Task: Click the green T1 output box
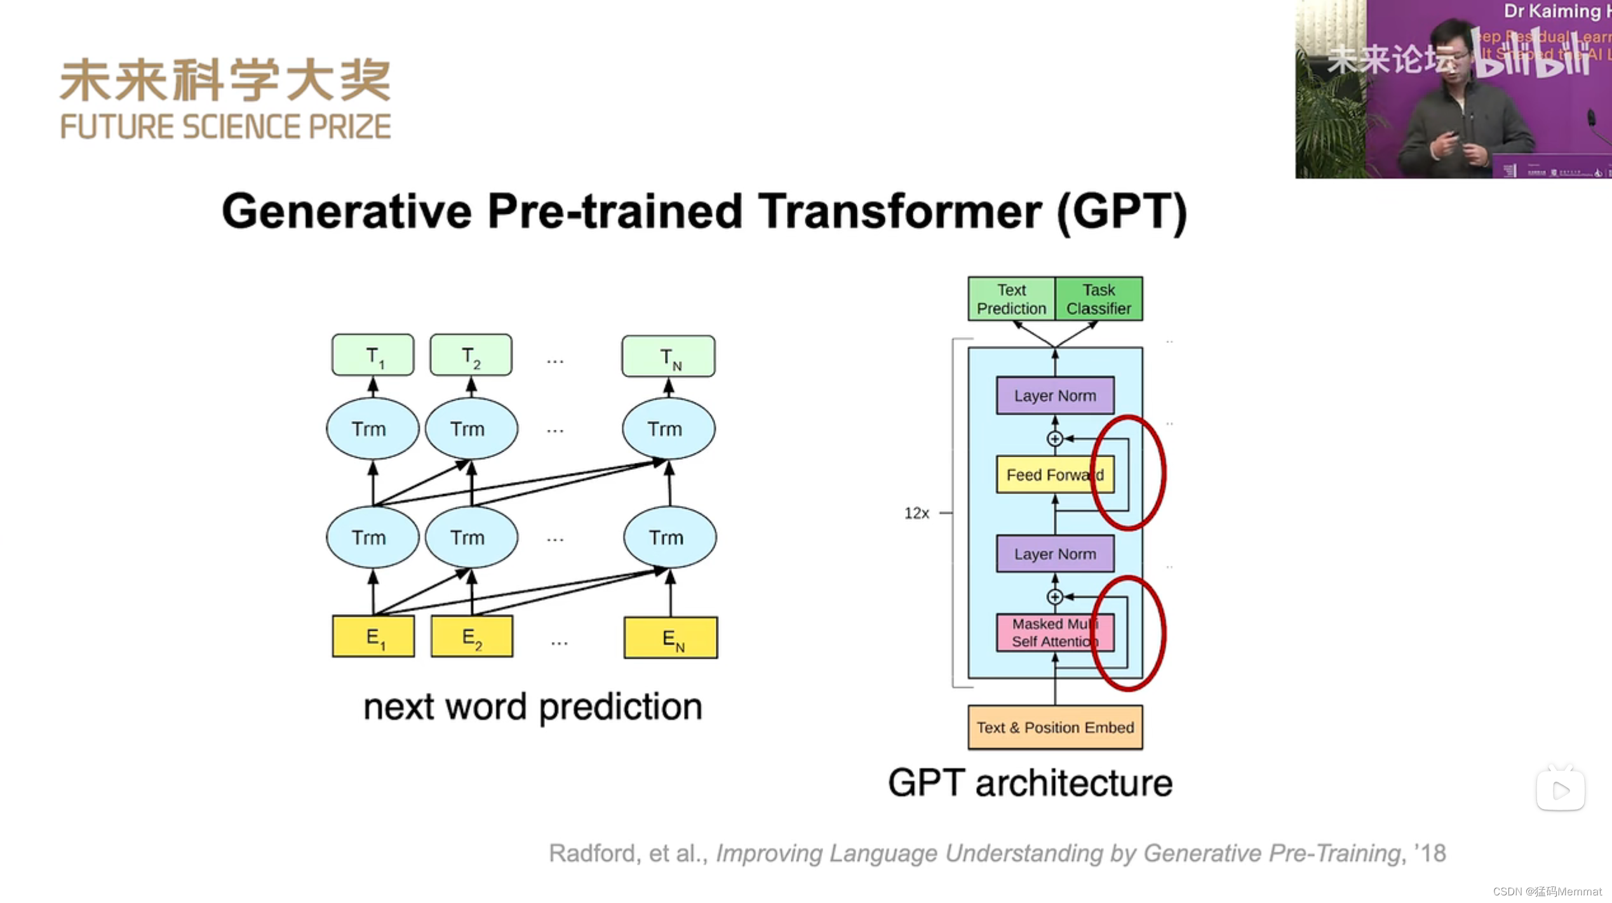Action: pyautogui.click(x=373, y=355)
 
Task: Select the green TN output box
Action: pyautogui.click(x=668, y=356)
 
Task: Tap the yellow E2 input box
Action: pyautogui.click(x=472, y=636)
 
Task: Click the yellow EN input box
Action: pyautogui.click(x=671, y=638)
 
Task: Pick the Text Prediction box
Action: pyautogui.click(x=1011, y=299)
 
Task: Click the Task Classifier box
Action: pyautogui.click(x=1099, y=299)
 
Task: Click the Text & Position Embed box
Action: pyautogui.click(x=1055, y=728)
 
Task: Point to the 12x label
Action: pyautogui.click(x=917, y=513)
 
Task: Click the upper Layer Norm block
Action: pyautogui.click(x=1055, y=396)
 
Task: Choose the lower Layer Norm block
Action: pyautogui.click(x=1055, y=554)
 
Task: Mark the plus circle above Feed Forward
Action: pyautogui.click(x=1055, y=439)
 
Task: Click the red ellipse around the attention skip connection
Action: pyautogui.click(x=1163, y=632)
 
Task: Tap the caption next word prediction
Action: pyautogui.click(x=532, y=707)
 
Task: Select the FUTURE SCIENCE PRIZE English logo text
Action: pyautogui.click(x=225, y=127)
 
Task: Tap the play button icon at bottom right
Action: pyautogui.click(x=1561, y=790)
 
